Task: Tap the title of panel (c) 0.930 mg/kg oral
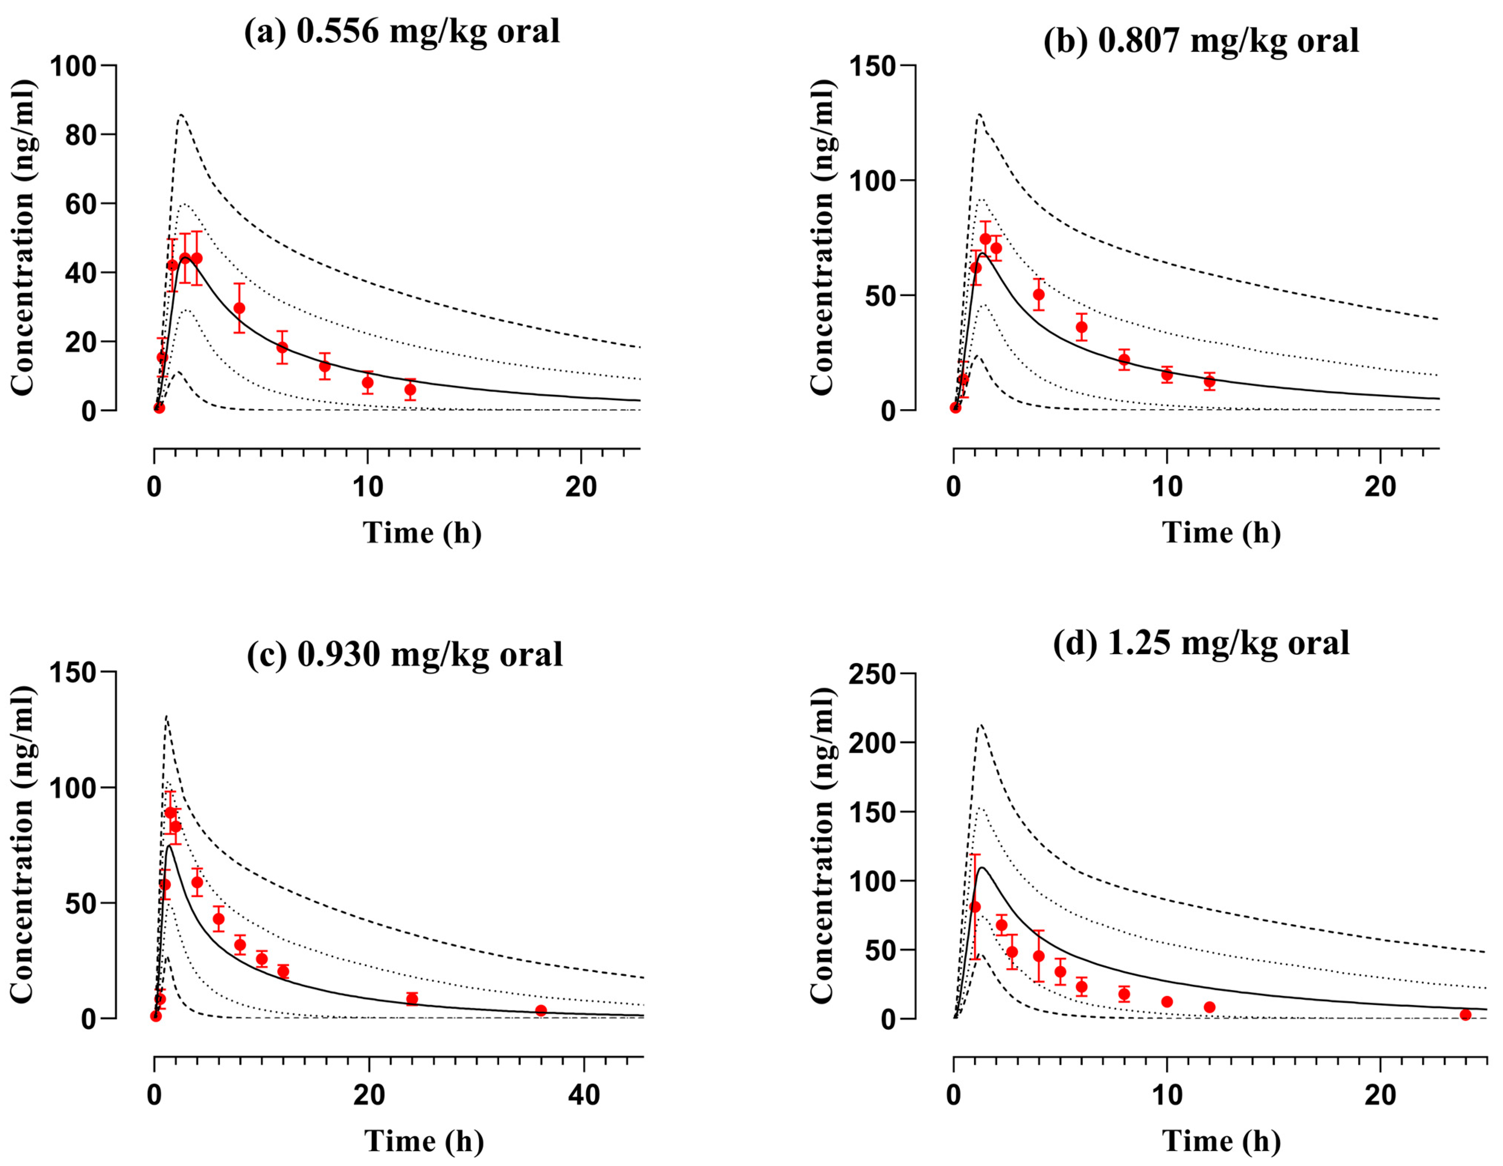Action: point(405,654)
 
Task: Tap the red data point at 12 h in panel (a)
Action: point(410,389)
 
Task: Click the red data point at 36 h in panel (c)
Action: point(541,1010)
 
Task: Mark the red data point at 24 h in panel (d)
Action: point(1465,1014)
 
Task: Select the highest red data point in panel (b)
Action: point(985,239)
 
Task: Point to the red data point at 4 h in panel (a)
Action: point(239,308)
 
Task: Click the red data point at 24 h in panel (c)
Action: point(412,998)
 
